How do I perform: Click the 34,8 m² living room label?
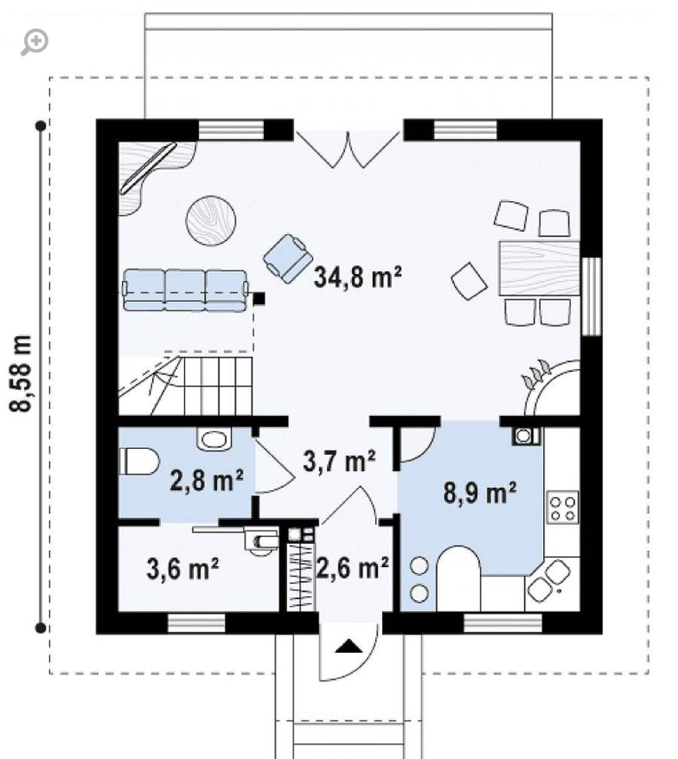point(357,277)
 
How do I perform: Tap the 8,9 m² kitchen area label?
point(480,493)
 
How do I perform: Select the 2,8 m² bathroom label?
point(206,480)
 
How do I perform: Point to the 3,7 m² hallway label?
point(340,460)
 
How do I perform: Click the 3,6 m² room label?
point(182,568)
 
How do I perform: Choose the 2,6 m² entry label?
point(353,567)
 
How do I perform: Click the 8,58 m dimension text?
point(21,373)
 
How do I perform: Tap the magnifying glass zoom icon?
point(35,42)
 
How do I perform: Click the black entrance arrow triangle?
point(350,646)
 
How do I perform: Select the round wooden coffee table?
point(211,221)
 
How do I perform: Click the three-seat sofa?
point(185,291)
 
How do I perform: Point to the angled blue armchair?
point(288,258)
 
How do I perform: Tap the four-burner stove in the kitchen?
point(562,508)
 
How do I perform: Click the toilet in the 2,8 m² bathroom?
point(139,462)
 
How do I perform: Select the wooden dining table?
point(539,268)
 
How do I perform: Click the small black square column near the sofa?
point(259,299)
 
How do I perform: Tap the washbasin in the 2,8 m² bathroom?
point(215,440)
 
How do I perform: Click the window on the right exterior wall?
point(591,296)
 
